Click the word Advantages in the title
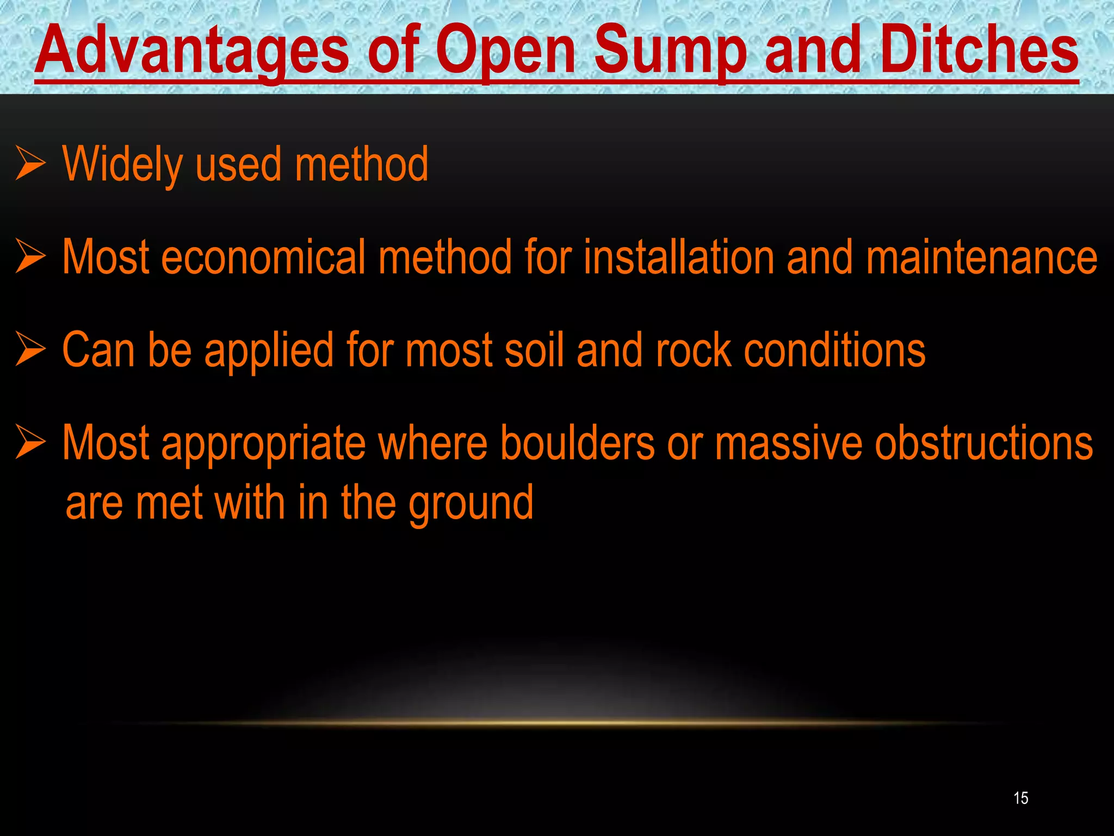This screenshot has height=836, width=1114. tap(192, 50)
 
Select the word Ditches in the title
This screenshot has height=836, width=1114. tap(979, 50)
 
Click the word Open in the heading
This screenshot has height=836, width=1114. tap(505, 50)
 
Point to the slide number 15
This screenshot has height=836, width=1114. tap(1021, 798)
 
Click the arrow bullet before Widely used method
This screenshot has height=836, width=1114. tap(30, 163)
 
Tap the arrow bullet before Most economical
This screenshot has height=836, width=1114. tap(30, 256)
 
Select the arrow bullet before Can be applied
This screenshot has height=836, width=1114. tap(30, 349)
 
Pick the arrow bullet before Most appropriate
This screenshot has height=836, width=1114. tap(30, 442)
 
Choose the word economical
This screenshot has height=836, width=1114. tap(263, 257)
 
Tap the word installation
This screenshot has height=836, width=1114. tap(678, 257)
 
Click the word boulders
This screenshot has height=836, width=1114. tap(577, 443)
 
